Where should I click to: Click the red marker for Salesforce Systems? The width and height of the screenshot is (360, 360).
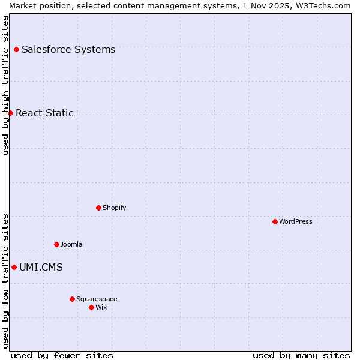(16, 49)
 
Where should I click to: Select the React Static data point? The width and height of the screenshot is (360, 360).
(10, 113)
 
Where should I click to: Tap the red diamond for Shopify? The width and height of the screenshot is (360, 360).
(98, 208)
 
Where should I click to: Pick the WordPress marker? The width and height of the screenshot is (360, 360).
(275, 221)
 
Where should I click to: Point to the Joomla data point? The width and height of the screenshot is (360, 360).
(56, 244)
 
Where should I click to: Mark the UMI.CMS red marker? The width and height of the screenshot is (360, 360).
(14, 267)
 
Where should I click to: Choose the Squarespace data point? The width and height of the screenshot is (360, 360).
(72, 299)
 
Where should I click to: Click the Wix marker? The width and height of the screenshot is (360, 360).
(91, 307)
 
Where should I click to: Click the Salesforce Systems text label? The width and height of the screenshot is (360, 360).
(68, 49)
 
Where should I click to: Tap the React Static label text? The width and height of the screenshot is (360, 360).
(44, 113)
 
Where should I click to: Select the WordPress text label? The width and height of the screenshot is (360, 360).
(296, 221)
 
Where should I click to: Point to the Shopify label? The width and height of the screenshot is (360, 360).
(115, 208)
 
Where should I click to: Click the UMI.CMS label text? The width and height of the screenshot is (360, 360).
(41, 267)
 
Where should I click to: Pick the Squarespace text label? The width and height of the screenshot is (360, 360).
(97, 299)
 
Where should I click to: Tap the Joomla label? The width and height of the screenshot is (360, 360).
(71, 244)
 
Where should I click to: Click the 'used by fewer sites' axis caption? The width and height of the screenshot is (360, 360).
(62, 355)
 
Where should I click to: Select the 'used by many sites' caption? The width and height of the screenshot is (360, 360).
(301, 355)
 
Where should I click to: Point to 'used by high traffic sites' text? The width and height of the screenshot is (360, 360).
(5, 85)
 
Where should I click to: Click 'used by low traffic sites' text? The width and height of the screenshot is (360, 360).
(5, 281)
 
